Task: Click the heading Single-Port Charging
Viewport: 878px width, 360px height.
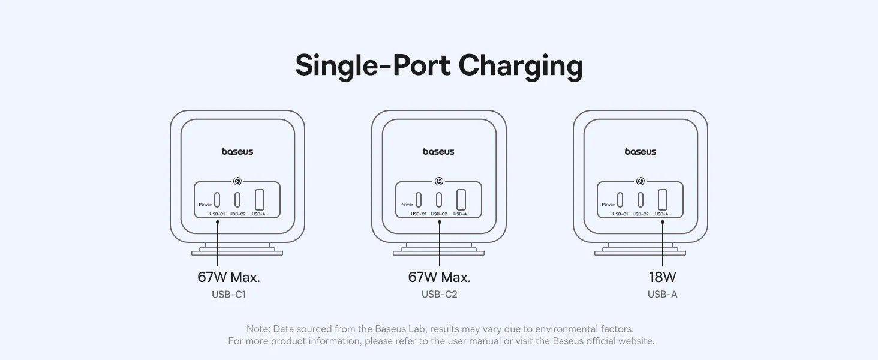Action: (x=439, y=66)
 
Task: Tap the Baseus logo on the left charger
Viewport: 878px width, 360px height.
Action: (x=237, y=152)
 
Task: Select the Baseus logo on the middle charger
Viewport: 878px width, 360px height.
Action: (x=439, y=152)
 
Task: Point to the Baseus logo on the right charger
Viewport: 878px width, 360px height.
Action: (x=641, y=152)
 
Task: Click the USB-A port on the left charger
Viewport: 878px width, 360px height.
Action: (x=260, y=199)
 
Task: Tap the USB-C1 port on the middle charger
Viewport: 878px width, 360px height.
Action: (x=419, y=199)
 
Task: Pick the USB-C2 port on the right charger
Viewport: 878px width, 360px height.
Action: (x=641, y=199)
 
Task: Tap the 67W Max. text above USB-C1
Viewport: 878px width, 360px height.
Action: (x=228, y=277)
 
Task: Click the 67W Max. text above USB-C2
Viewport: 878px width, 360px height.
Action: (x=439, y=277)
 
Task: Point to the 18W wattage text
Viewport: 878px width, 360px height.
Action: (x=662, y=277)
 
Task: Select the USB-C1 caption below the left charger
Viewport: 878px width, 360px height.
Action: (x=228, y=295)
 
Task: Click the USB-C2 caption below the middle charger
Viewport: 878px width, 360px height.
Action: (x=439, y=295)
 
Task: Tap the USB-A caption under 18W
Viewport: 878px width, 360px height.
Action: (x=662, y=295)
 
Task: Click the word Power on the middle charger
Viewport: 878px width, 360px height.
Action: (x=407, y=205)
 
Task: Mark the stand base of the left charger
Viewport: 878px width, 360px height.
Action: (x=237, y=253)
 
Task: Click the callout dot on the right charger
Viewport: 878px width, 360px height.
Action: (x=663, y=222)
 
